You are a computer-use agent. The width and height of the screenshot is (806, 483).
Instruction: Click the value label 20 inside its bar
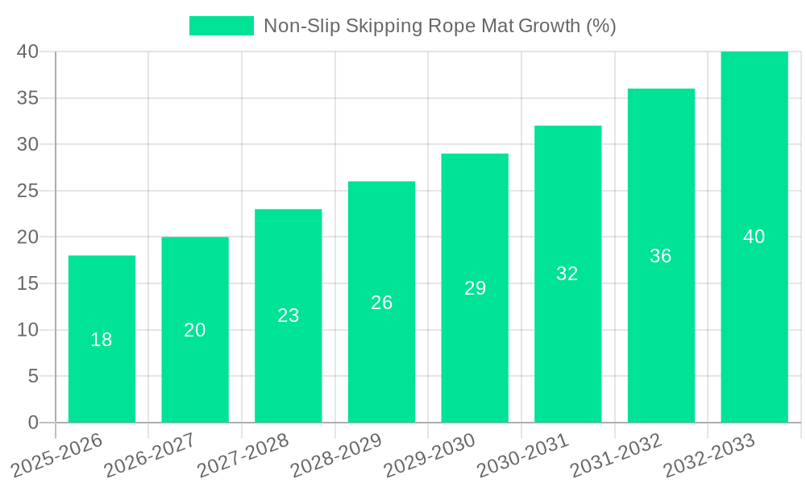195,330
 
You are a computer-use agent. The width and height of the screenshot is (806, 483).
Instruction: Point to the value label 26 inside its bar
382,303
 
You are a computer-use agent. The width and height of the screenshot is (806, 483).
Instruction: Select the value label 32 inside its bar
567,274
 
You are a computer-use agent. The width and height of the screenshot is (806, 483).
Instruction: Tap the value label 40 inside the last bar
754,237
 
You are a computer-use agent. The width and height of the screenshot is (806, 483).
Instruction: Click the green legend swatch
221,26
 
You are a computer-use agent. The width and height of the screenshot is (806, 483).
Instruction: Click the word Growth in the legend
549,26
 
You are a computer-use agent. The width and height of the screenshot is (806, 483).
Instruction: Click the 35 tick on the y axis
27,98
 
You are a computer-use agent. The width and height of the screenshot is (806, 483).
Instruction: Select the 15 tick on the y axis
27,283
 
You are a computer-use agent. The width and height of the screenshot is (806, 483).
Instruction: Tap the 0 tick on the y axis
33,423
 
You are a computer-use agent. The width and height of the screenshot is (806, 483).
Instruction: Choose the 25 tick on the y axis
27,191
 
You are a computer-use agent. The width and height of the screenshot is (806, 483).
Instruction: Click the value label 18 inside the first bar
102,340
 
